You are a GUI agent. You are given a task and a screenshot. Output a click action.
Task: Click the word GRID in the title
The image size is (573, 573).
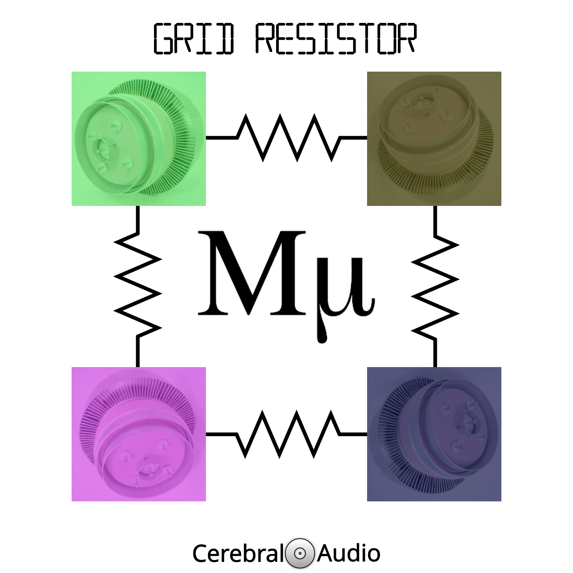[x=194, y=39]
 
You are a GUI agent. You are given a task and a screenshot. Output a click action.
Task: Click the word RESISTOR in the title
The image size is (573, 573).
[x=336, y=39]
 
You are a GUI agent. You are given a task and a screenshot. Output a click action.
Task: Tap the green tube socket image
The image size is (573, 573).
[x=139, y=139]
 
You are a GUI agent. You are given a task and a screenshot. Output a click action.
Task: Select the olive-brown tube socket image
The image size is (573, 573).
[x=434, y=139]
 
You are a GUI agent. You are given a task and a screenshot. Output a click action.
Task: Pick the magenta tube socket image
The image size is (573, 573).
[x=139, y=434]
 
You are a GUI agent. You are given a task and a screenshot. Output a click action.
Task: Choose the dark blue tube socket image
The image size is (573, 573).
[x=434, y=434]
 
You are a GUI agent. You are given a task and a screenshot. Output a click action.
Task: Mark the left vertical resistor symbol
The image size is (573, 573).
[x=138, y=286]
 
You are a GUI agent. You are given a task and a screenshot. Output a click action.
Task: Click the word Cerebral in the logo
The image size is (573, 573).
[x=238, y=553]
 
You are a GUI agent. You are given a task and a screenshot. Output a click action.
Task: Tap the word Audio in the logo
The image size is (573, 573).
[x=348, y=553]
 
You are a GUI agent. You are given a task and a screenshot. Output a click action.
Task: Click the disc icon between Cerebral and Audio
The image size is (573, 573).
[x=300, y=553]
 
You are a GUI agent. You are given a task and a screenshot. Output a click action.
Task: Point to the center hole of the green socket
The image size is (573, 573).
[x=103, y=146]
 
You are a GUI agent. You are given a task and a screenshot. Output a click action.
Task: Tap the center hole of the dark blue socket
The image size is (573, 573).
[x=469, y=419]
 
